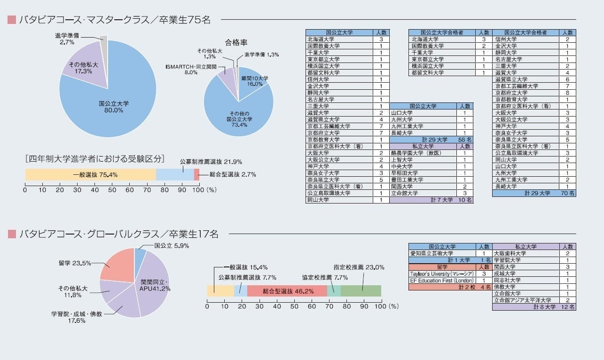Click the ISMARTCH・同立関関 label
tap(191, 67)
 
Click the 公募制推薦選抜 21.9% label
tap(211, 162)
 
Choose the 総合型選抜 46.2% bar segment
tap(287, 291)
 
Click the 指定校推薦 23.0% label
tap(359, 267)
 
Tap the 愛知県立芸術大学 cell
tap(442, 253)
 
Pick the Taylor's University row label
tap(442, 274)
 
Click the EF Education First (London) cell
tap(442, 280)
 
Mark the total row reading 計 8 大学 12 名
tap(534, 307)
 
